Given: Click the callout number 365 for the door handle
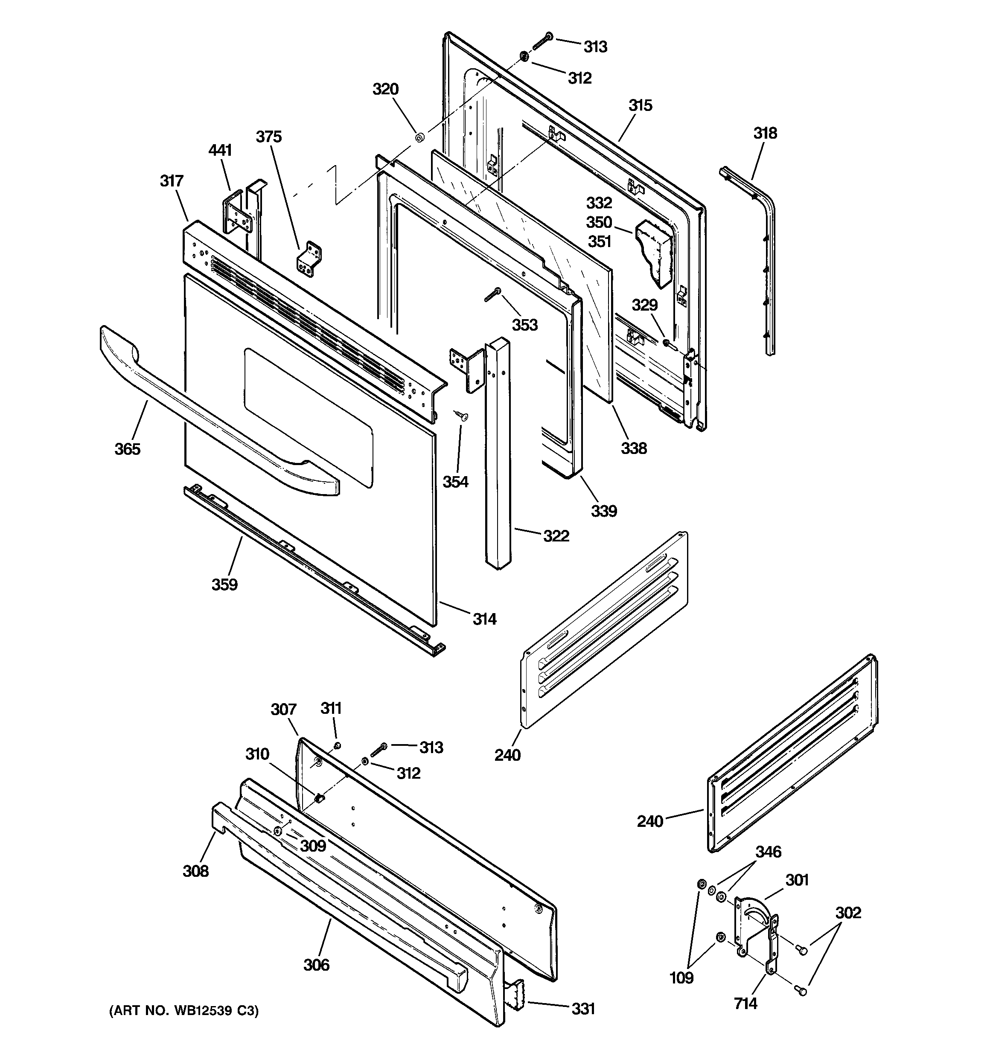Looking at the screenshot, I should [x=128, y=449].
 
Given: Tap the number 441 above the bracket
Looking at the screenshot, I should [x=220, y=150].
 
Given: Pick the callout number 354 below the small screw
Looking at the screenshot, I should [x=455, y=482].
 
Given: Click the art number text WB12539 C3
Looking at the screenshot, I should [x=184, y=1011].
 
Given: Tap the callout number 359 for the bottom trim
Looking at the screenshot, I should [x=224, y=585].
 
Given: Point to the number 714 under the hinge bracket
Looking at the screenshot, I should [x=745, y=1004].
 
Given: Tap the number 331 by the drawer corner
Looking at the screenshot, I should [x=583, y=1008].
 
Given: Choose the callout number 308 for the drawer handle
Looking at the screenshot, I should [x=195, y=871].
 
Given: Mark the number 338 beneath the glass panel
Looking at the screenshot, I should [x=634, y=448].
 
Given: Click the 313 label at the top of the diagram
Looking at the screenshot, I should [x=595, y=47].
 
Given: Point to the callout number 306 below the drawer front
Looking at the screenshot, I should [x=316, y=965].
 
